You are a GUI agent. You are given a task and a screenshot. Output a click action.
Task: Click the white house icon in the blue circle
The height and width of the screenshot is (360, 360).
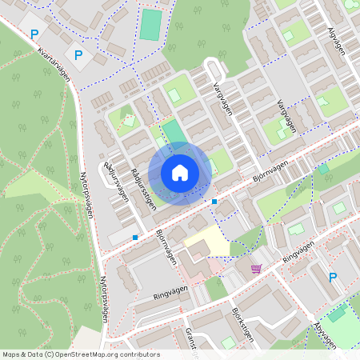click(180, 172)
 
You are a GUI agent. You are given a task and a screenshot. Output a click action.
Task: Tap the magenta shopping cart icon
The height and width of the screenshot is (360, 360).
click(256, 269)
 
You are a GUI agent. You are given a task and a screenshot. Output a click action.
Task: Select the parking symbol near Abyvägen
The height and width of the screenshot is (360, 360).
click(333, 277)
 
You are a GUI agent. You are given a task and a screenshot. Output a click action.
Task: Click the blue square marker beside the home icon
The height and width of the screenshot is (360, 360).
click(214, 201)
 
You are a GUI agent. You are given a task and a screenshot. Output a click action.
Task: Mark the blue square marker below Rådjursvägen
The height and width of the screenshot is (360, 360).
click(135, 238)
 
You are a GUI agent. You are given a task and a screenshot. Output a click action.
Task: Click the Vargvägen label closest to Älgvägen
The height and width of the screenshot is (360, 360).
click(286, 116)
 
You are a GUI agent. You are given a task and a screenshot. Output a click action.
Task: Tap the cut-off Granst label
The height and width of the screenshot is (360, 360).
click(191, 338)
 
